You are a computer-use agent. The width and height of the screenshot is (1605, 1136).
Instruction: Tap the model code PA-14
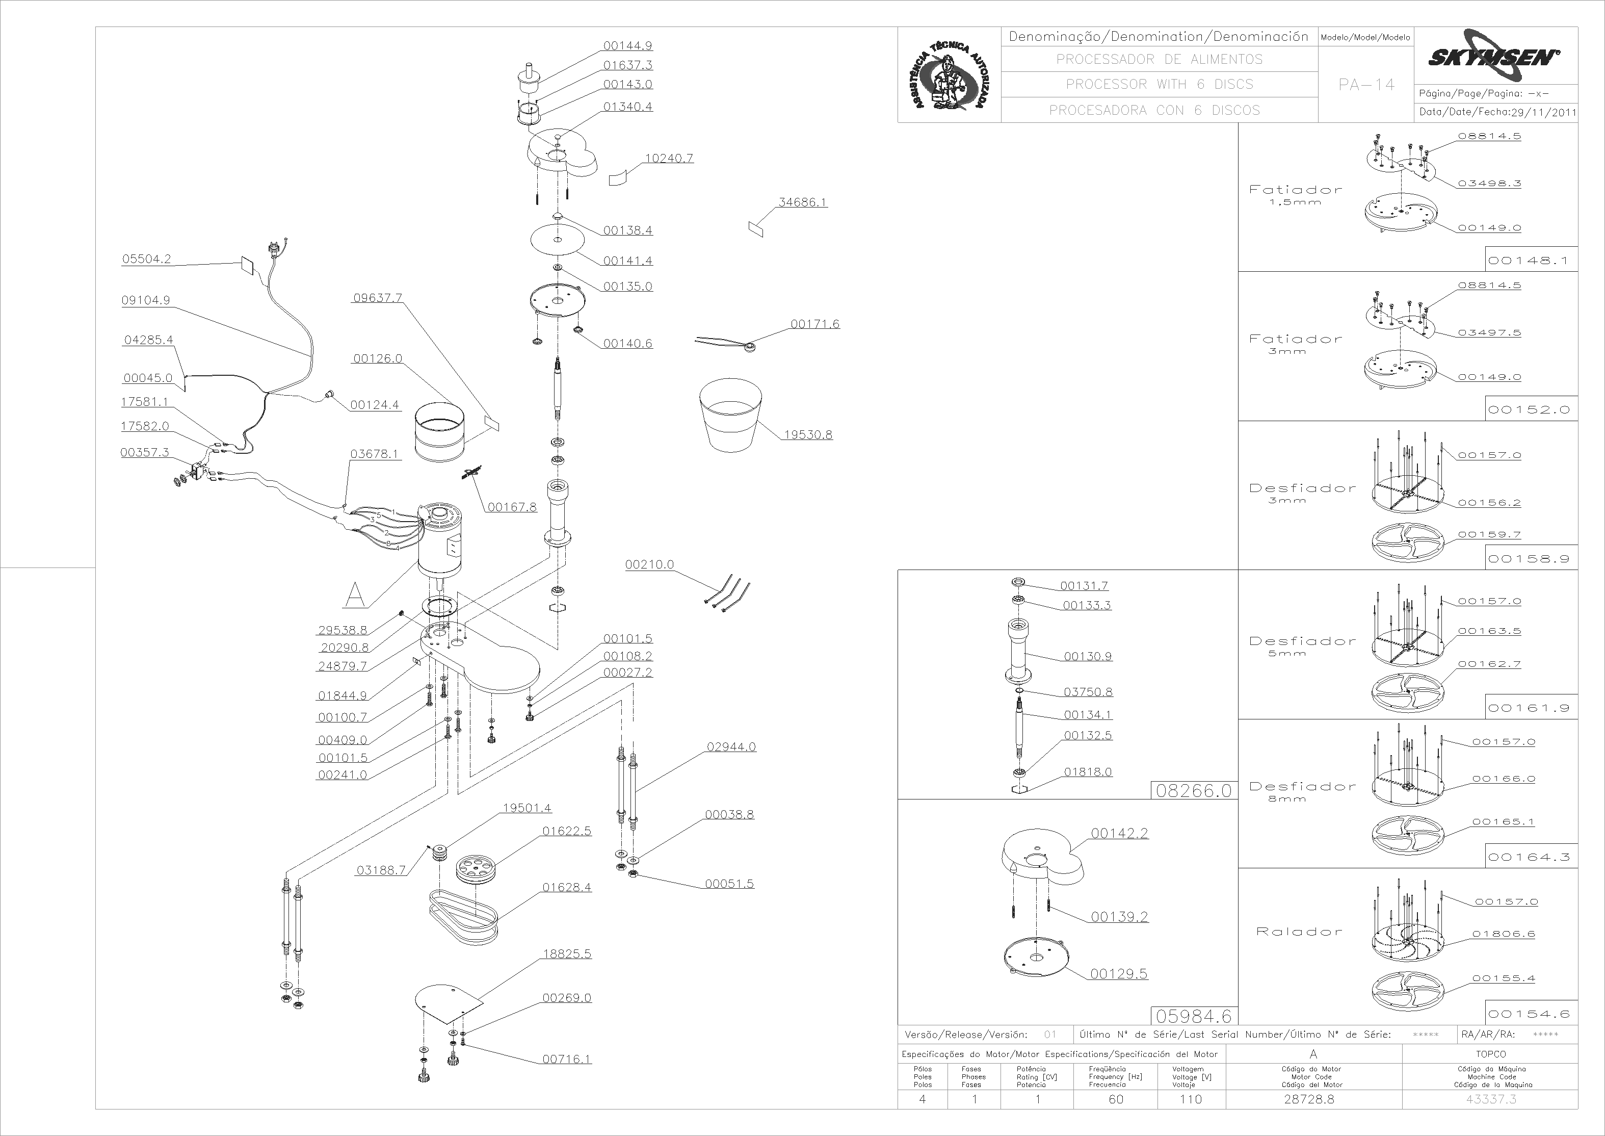tap(1366, 85)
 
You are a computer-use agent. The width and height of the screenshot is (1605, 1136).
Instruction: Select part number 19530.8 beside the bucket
tap(808, 434)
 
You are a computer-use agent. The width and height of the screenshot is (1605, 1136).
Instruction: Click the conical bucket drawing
tap(730, 416)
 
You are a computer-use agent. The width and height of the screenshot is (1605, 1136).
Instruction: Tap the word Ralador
tap(1299, 932)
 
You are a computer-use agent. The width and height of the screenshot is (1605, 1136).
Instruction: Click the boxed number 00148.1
tap(1529, 260)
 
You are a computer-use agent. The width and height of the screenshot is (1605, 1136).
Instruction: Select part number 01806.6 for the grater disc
tap(1504, 934)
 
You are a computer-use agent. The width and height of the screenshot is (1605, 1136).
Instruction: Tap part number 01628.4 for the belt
tap(567, 888)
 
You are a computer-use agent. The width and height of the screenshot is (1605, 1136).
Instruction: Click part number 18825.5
tap(567, 954)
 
